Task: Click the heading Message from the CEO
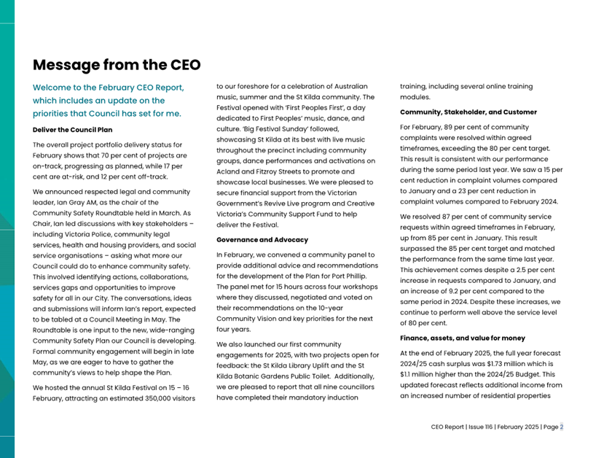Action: click(x=117, y=65)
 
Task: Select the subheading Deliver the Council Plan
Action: click(x=73, y=130)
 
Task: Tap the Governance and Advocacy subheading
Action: click(x=262, y=239)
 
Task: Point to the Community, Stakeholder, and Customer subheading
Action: click(x=468, y=112)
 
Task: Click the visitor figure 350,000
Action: click(x=152, y=398)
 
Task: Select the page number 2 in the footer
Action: click(x=561, y=427)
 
